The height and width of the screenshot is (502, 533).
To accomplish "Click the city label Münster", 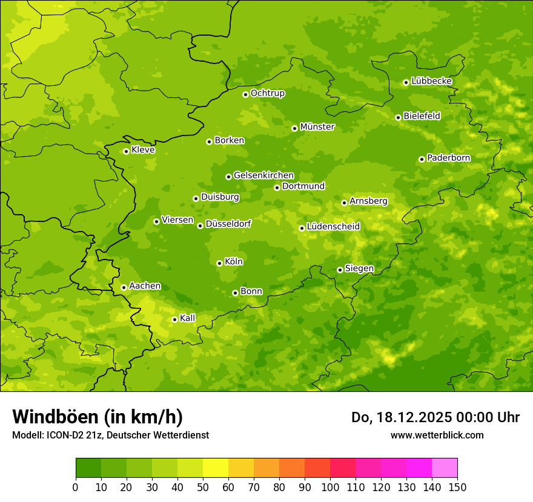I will pyautogui.click(x=317, y=127).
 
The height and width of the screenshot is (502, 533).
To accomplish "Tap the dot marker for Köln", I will pyautogui.click(x=219, y=263).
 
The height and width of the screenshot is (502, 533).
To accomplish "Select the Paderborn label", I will pyautogui.click(x=449, y=158).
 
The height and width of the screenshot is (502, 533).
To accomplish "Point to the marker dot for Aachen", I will pyautogui.click(x=124, y=287).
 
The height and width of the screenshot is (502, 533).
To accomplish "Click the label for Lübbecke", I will pyautogui.click(x=432, y=81).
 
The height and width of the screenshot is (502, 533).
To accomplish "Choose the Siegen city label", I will pyautogui.click(x=360, y=269).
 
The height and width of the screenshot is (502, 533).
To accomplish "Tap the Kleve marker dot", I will pyautogui.click(x=126, y=151).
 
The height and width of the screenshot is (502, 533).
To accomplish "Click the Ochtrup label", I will pyautogui.click(x=268, y=93).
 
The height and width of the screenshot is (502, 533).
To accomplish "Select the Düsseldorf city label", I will pyautogui.click(x=228, y=224).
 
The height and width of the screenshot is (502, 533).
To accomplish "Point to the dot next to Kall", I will pyautogui.click(x=174, y=319).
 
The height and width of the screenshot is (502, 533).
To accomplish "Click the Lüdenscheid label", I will pyautogui.click(x=334, y=227).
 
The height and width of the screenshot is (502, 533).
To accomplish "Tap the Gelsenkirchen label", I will pyautogui.click(x=264, y=175).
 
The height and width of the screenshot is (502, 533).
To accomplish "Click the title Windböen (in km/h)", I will pyautogui.click(x=98, y=417).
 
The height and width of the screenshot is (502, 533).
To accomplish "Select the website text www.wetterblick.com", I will pyautogui.click(x=437, y=435).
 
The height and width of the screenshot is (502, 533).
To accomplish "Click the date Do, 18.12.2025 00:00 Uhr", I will pyautogui.click(x=435, y=417).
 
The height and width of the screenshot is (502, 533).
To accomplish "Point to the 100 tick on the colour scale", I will pyautogui.click(x=330, y=487).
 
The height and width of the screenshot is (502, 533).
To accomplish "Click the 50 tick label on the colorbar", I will pyautogui.click(x=203, y=487).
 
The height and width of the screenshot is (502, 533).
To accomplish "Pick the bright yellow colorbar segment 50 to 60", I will pyautogui.click(x=216, y=468).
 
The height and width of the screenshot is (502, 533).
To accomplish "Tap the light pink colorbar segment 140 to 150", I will pyautogui.click(x=445, y=468).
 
